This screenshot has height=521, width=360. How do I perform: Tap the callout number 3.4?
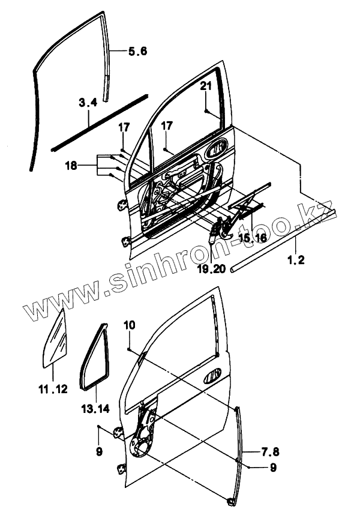click(88, 103)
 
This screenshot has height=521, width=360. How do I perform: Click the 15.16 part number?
click(251, 238)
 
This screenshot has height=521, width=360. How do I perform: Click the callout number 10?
click(130, 325)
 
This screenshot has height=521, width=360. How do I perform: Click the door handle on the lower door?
click(213, 378)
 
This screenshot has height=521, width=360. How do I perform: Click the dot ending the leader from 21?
click(206, 112)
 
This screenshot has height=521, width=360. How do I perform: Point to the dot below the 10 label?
click(130, 348)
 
